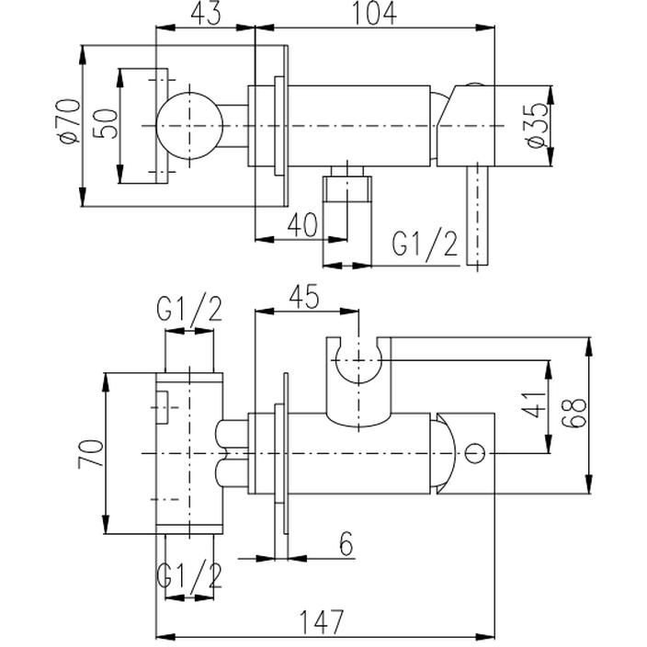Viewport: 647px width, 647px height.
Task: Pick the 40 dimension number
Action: tap(302, 224)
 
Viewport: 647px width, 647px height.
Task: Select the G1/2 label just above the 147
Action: tap(189, 576)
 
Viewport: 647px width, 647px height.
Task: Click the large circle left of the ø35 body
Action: tap(187, 125)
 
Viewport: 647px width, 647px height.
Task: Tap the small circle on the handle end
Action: tap(476, 452)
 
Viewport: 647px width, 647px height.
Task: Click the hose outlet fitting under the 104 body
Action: tap(347, 192)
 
